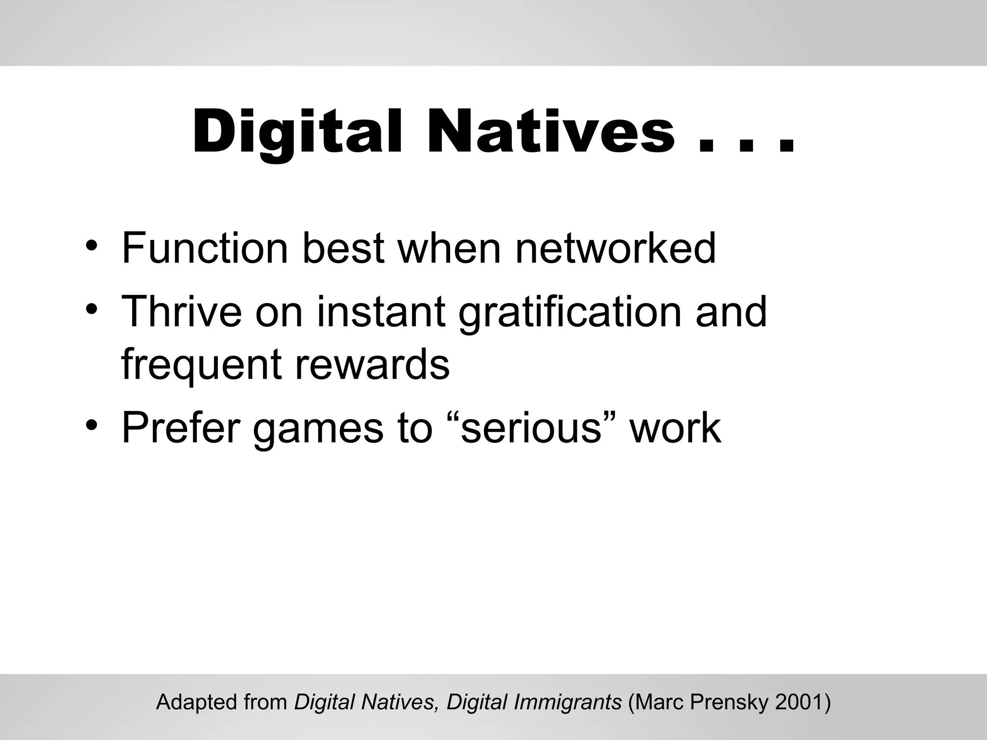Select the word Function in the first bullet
pos(205,248)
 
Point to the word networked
pos(615,248)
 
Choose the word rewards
pos(372,364)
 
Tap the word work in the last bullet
pos(675,427)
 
